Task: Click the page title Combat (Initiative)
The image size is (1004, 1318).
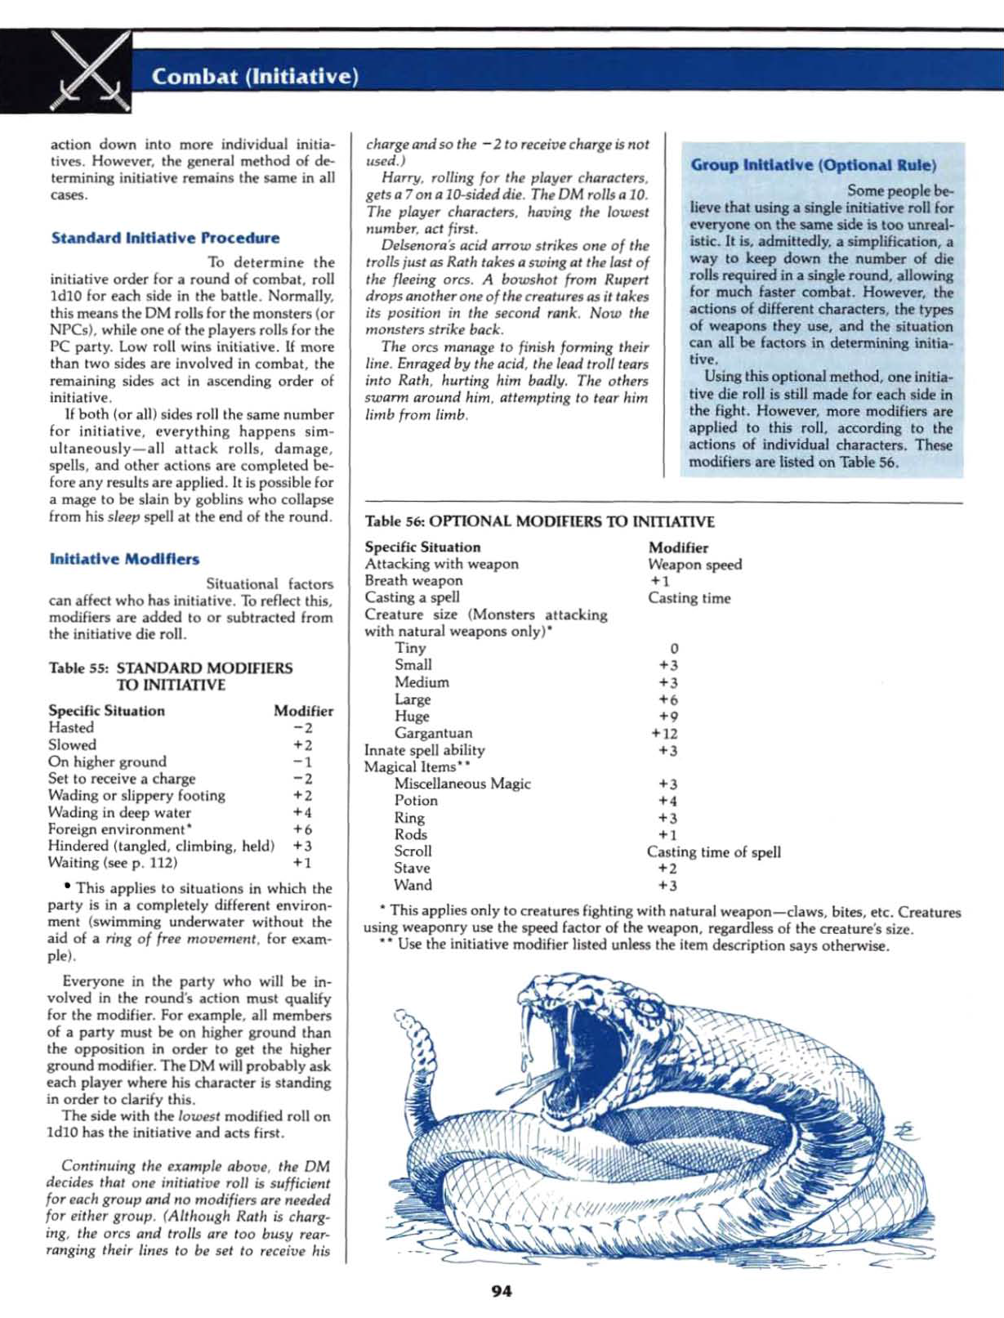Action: [x=255, y=77]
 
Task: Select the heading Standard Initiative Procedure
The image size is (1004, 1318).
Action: [x=165, y=238]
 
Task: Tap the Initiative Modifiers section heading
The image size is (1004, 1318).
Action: [x=124, y=559]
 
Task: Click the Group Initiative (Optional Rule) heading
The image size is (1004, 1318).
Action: [x=813, y=165]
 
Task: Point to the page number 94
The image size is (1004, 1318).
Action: [x=502, y=1291]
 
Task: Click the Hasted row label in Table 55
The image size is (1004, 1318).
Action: [x=71, y=727]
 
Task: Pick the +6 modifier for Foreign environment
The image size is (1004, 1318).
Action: [x=302, y=829]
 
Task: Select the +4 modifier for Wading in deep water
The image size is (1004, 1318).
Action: [x=302, y=812]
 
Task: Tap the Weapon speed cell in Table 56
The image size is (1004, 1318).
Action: [x=694, y=564]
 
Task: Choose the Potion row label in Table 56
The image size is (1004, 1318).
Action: [x=416, y=801]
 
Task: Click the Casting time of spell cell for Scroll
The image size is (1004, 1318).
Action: [x=713, y=851]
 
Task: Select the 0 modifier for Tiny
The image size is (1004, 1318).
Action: [x=673, y=648]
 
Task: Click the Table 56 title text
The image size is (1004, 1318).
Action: [x=539, y=521]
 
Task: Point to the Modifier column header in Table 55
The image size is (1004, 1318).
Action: [x=303, y=711]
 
